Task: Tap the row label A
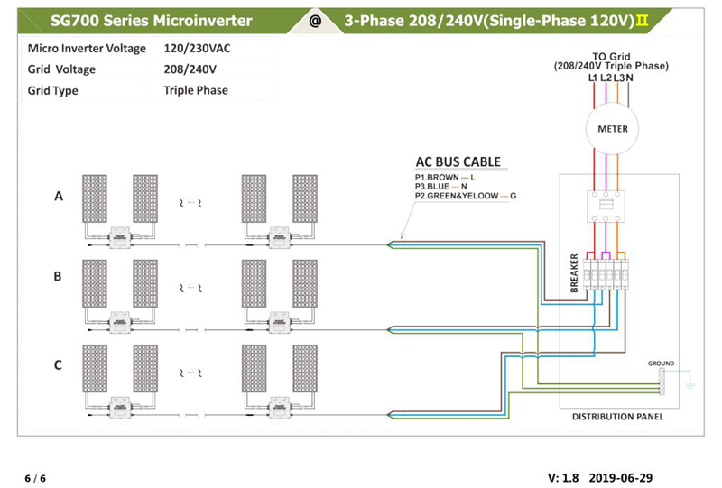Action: point(59,196)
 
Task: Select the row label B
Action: point(58,276)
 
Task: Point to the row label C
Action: point(58,365)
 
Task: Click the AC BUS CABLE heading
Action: point(458,162)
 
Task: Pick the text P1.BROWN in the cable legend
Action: point(437,177)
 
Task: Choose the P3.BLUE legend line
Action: point(440,187)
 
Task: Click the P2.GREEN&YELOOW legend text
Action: point(457,196)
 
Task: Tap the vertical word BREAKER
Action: point(574,273)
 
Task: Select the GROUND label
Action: point(661,364)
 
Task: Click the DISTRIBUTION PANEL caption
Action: point(617,417)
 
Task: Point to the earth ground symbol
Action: point(690,385)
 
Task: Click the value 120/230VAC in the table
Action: point(197,49)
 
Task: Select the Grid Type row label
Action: point(52,90)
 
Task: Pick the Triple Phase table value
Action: point(196,90)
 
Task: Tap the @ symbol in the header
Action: point(315,21)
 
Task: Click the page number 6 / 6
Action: point(35,478)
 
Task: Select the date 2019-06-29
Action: point(620,478)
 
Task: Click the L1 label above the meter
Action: point(593,78)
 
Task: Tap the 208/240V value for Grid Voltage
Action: point(190,69)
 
